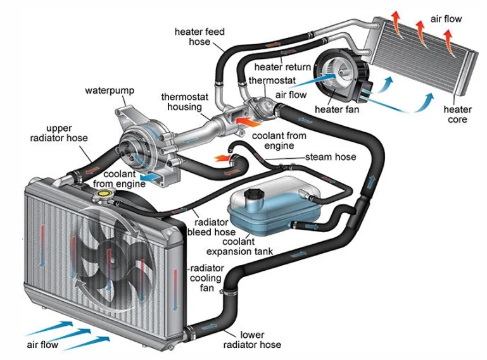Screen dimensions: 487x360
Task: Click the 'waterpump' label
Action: [110, 90]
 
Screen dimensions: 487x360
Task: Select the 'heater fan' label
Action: [337, 109]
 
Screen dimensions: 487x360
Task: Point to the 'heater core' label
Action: [457, 115]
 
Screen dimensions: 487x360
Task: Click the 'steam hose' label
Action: [331, 157]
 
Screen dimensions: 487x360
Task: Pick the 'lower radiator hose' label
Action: [252, 340]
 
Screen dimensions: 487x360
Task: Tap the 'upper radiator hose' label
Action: [59, 133]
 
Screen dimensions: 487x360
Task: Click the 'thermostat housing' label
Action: [184, 102]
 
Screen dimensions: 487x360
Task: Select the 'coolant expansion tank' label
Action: [239, 246]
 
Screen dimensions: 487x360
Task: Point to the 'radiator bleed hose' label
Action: [211, 227]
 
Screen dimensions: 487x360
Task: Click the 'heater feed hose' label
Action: [199, 37]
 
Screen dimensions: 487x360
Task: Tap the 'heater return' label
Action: [282, 67]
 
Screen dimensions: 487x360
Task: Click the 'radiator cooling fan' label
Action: [206, 278]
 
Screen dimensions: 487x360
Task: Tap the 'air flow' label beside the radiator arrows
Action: [42, 345]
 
